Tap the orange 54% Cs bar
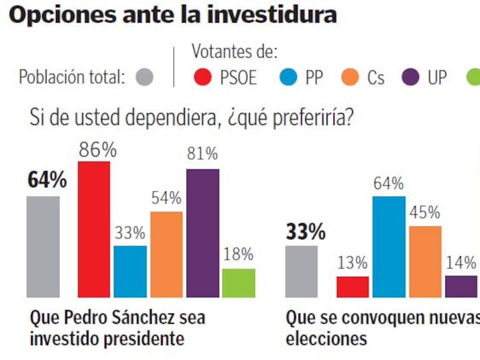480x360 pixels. [x=166, y=254]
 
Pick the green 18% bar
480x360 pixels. [x=239, y=283]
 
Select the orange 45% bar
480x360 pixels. [x=425, y=262]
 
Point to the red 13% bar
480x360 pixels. [x=353, y=287]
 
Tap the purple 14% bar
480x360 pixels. [x=461, y=286]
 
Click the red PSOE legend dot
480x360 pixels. [x=203, y=77]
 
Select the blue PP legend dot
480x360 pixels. [x=289, y=77]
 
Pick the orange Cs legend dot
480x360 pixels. [x=350, y=77]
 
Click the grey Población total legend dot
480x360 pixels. [x=144, y=77]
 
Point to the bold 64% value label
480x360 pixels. [x=47, y=180]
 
